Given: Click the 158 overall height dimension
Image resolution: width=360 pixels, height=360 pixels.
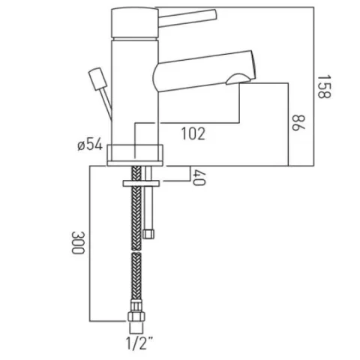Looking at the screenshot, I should (324, 88).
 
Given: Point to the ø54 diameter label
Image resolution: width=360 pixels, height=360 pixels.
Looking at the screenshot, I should (89, 145).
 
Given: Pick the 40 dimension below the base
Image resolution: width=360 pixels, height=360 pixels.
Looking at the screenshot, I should (199, 178).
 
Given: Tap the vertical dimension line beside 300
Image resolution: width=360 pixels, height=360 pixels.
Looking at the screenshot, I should (91, 244).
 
